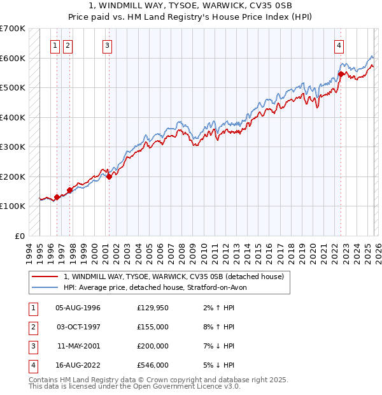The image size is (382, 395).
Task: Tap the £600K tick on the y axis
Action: [x=13, y=58]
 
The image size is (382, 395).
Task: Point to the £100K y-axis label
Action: [x=13, y=206]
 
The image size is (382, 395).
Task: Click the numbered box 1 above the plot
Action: [x=56, y=45]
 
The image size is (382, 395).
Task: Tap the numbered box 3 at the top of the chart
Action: [x=108, y=45]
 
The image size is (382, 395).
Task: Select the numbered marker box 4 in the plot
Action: [x=339, y=45]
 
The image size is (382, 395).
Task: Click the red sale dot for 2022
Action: [x=341, y=74]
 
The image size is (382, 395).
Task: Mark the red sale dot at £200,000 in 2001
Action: [x=109, y=176]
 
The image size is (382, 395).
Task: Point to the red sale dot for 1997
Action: [x=69, y=190]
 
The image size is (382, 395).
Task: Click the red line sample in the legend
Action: [x=45, y=276]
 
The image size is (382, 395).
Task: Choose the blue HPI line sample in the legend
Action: [x=45, y=287]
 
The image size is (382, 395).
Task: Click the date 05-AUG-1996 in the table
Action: [x=78, y=308]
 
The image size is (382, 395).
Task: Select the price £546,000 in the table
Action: [x=153, y=365]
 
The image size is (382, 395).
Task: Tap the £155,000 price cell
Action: [x=153, y=327]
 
